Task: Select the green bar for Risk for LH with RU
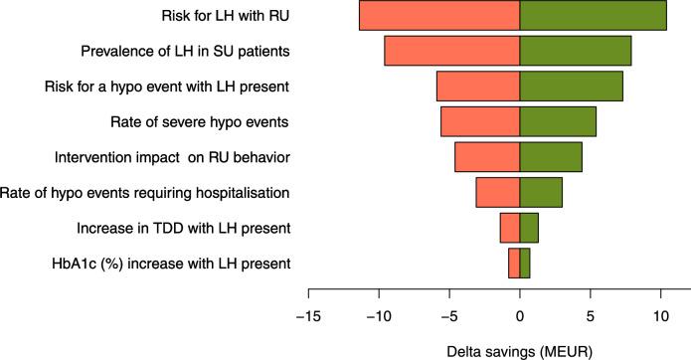tap(593, 16)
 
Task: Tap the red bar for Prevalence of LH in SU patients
tap(452, 51)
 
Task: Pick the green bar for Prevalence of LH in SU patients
tap(576, 51)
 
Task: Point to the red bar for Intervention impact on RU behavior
tap(487, 157)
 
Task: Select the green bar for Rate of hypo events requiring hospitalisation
tap(541, 192)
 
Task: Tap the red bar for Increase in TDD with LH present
tap(510, 228)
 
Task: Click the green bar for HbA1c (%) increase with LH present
tap(525, 264)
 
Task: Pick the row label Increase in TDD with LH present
tap(183, 229)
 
